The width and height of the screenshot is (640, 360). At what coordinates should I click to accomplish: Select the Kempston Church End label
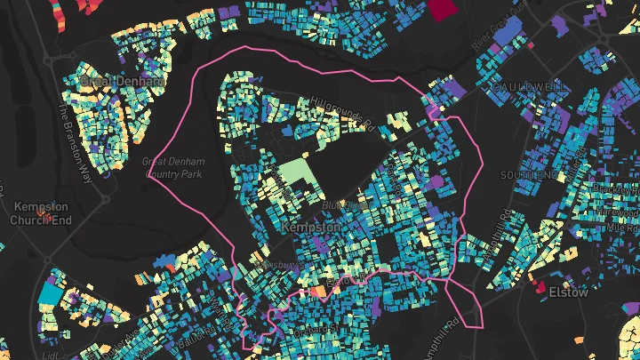tap(40, 213)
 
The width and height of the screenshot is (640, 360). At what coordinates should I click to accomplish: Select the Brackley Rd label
tap(617, 190)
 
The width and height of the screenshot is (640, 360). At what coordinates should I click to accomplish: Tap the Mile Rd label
tap(620, 228)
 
